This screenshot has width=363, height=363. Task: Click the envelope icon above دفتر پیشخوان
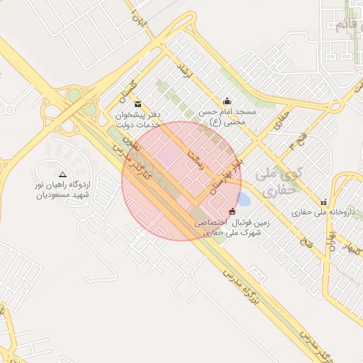(x=138, y=104)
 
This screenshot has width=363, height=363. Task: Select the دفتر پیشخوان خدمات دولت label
(x=138, y=118)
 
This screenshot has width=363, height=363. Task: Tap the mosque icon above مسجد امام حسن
(x=226, y=101)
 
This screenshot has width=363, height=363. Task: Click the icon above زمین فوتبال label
(x=232, y=211)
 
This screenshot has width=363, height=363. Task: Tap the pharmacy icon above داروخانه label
(x=324, y=201)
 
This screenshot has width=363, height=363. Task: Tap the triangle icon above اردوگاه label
(x=62, y=174)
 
